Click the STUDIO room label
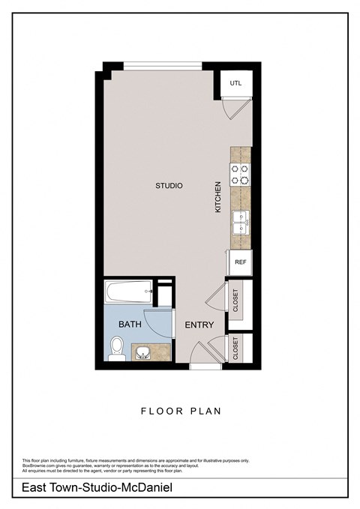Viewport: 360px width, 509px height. tap(169, 186)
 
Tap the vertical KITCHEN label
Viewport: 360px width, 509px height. tap(218, 196)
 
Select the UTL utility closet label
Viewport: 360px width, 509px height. tap(235, 83)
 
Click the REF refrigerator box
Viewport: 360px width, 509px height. tap(240, 262)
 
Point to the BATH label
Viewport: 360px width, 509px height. tap(130, 325)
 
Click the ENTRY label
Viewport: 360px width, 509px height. tap(199, 325)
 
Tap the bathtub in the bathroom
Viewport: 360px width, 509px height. tap(128, 292)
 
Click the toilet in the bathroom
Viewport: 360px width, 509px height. tap(117, 348)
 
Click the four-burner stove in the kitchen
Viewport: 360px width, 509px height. tap(240, 174)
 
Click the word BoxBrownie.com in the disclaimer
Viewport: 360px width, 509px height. tap(39, 466)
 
